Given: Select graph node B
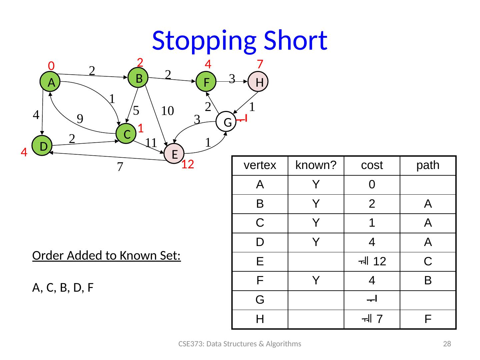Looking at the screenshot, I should click(138, 78).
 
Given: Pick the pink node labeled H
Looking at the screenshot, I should click(259, 82).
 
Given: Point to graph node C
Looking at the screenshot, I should click(126, 134).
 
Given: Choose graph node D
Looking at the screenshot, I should click(42, 146).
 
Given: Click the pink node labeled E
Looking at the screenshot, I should click(174, 154).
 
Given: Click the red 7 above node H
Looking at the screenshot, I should click(260, 63).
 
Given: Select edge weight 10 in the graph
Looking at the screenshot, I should click(168, 111).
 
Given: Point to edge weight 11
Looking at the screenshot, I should click(151, 143).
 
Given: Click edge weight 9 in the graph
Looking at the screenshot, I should click(80, 119).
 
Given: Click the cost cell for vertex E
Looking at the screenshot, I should click(372, 262).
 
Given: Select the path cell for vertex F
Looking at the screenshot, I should click(428, 281).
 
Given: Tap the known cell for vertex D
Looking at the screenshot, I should click(316, 242).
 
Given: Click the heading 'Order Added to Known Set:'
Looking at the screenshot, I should click(107, 256).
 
